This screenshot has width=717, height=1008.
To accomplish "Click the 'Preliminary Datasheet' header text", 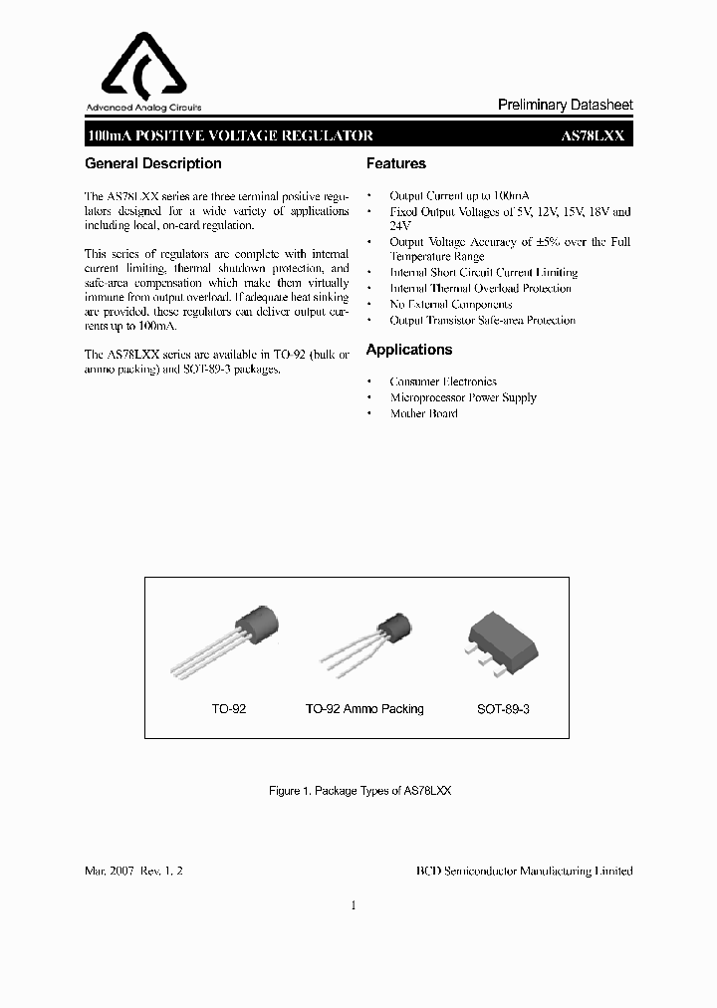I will coord(565,106).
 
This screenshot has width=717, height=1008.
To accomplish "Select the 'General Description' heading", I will coord(153,163).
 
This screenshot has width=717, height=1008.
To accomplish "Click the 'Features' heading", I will coord(395,163).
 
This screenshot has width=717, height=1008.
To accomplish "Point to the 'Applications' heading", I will coord(408,350).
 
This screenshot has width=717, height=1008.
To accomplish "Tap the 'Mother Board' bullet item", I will coord(423,413).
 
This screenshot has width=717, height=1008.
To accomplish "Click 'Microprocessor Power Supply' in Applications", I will coord(462,397).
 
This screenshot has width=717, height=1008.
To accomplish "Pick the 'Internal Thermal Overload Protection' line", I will coord(480,288).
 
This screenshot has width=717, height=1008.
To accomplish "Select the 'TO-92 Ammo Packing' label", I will coord(363,709).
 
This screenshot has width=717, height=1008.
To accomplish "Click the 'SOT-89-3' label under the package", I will coord(503,709).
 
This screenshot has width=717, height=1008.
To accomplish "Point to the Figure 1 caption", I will coord(359,790).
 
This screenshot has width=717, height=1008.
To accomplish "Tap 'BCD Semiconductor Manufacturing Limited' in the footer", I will coord(524,870).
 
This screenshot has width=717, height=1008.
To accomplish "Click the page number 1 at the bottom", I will coord(354,905).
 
